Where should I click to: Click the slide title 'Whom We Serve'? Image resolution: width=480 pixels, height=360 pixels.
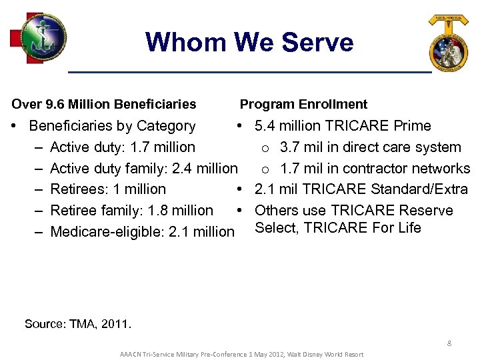[x=249, y=42]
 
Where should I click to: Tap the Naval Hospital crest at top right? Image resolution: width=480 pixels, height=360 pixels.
[x=448, y=44]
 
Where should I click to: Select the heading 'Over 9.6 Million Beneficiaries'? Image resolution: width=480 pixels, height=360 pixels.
[x=104, y=104]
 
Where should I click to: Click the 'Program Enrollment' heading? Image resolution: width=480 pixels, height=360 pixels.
[x=303, y=104]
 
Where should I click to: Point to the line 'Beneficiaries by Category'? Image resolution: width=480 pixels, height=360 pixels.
[x=112, y=126]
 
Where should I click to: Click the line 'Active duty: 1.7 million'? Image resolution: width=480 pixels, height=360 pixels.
[x=123, y=147]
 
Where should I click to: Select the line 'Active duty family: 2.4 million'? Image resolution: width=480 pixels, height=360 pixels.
[x=143, y=168]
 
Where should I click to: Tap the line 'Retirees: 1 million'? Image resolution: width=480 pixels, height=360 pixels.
[x=108, y=189]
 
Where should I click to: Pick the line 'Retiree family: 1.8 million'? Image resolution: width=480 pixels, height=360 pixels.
[x=131, y=211]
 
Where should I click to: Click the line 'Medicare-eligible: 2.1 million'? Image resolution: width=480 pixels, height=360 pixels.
[x=142, y=232]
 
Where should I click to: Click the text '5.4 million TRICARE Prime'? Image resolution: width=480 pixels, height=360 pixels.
[x=343, y=126]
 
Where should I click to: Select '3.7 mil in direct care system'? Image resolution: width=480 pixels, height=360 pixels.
[x=370, y=147]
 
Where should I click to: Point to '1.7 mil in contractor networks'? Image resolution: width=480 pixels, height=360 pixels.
[x=375, y=168]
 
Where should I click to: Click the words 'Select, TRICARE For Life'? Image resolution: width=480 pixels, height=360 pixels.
[x=338, y=228]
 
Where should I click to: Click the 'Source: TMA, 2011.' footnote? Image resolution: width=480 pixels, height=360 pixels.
[x=78, y=325]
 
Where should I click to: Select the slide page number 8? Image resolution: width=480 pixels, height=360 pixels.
[x=449, y=343]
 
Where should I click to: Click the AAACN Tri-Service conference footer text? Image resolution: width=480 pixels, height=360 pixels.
[x=241, y=353]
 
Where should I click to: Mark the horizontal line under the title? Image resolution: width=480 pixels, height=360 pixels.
[x=250, y=71]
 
